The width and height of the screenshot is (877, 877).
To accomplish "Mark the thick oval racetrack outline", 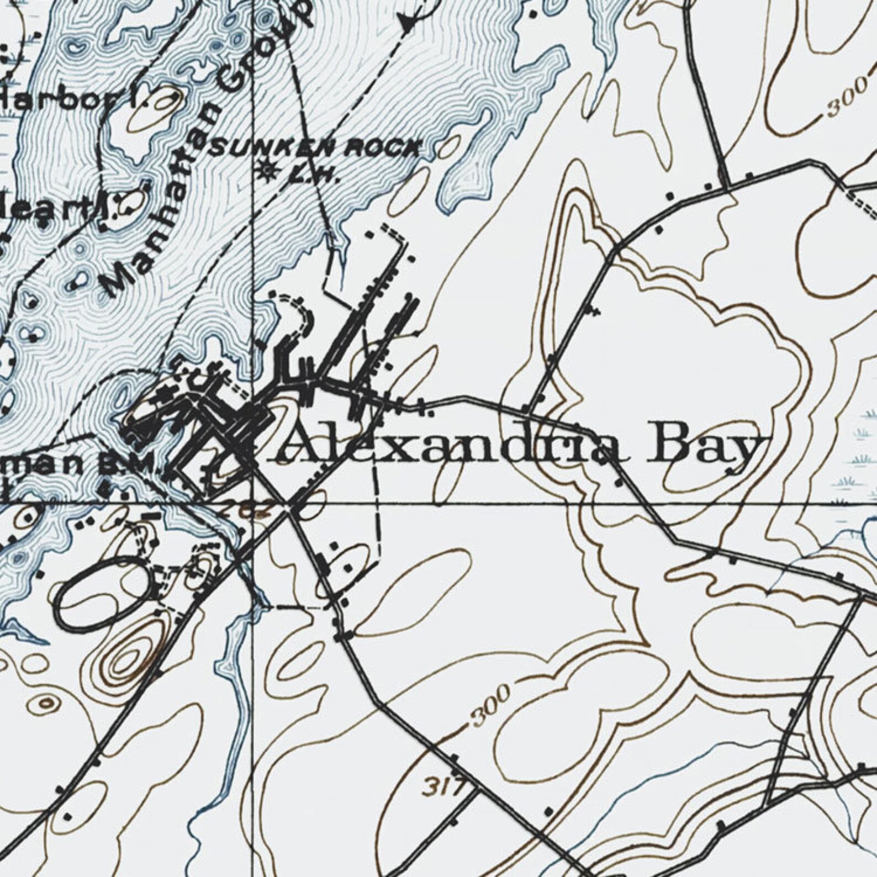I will [102, 594].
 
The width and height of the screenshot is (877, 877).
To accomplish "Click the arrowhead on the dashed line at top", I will [407, 23].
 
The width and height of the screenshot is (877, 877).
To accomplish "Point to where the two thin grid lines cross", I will [253, 504].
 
